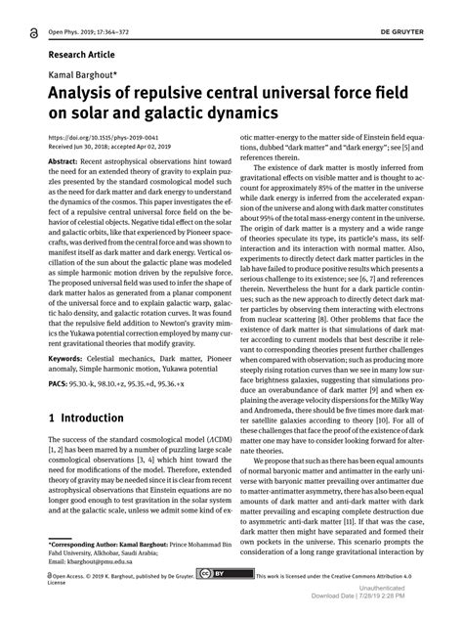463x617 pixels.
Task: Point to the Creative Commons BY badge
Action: [x=210, y=577]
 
